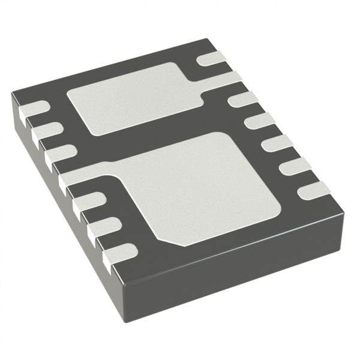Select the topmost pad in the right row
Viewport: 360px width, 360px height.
[x=210, y=58]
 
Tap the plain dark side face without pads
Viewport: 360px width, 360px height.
[x=240, y=264]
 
